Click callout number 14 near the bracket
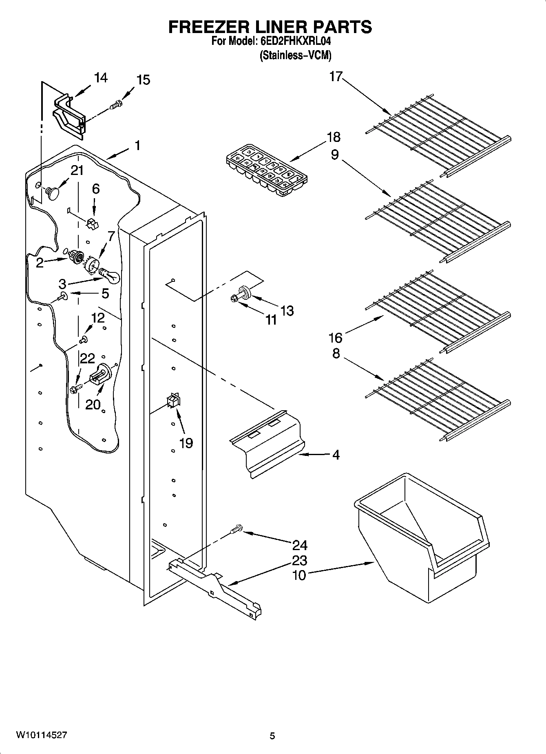(x=101, y=77)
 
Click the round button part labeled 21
(x=53, y=192)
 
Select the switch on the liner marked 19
(x=173, y=401)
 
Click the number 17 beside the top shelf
(x=336, y=76)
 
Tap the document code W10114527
(x=41, y=735)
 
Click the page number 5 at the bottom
(x=272, y=736)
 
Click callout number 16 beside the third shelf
(x=336, y=338)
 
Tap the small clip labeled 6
(x=93, y=223)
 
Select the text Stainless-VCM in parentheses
(x=295, y=55)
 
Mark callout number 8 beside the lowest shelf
(x=336, y=353)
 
